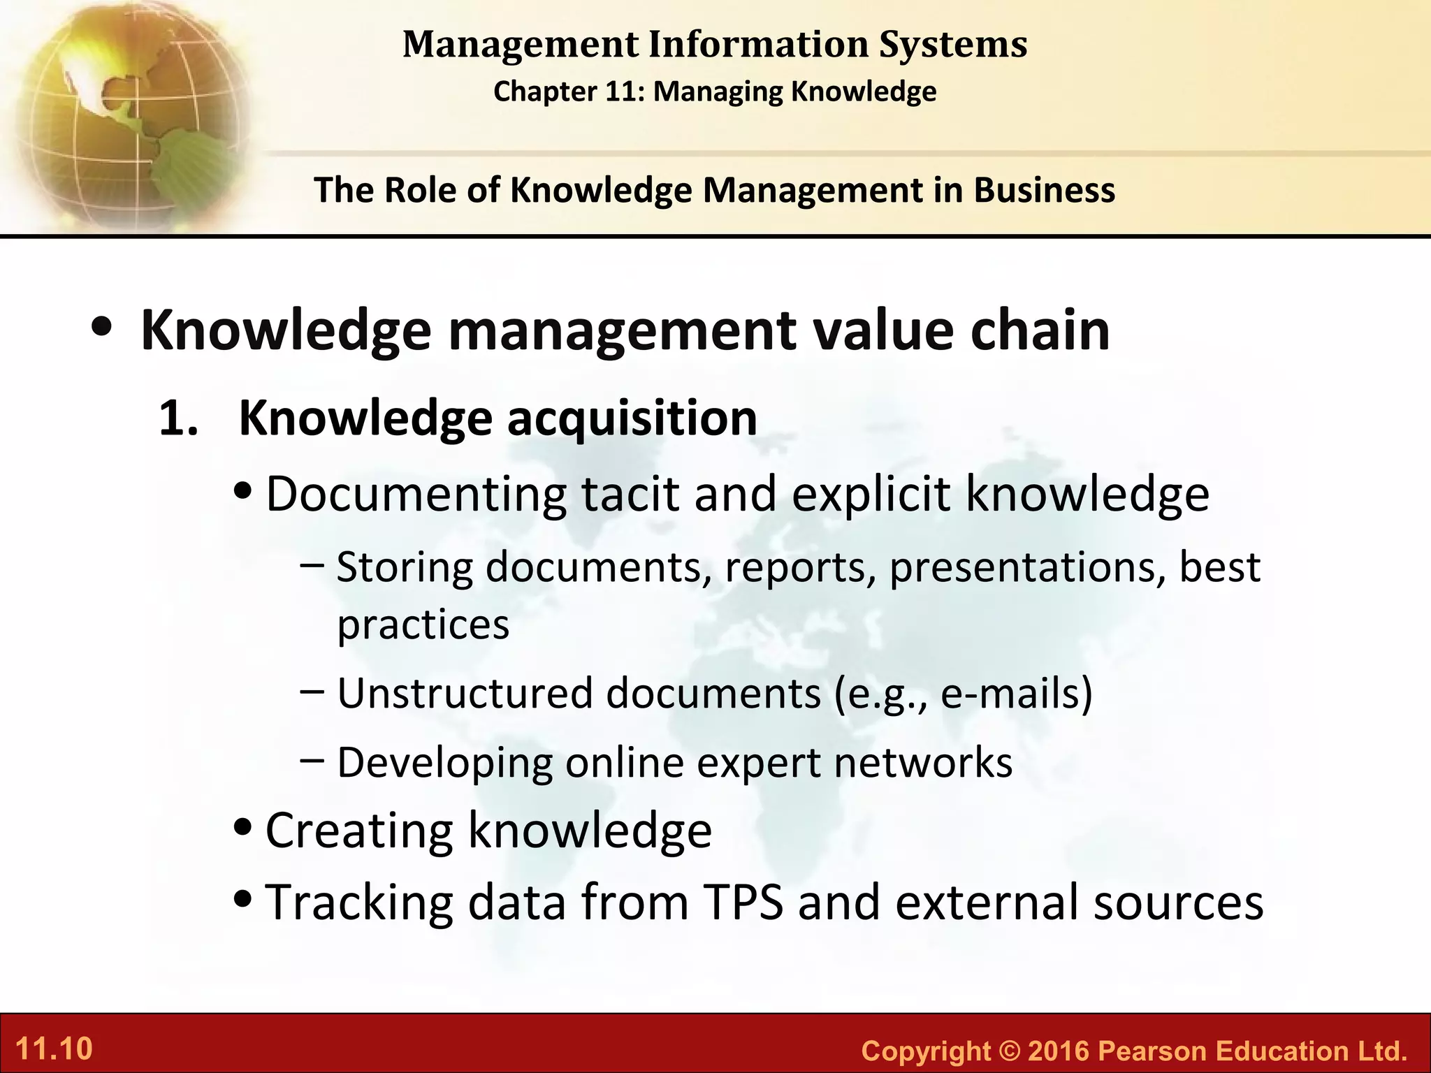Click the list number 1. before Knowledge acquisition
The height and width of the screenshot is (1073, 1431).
click(x=179, y=419)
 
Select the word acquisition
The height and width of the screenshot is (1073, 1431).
click(x=632, y=419)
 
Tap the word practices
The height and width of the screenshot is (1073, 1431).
click(x=423, y=625)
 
